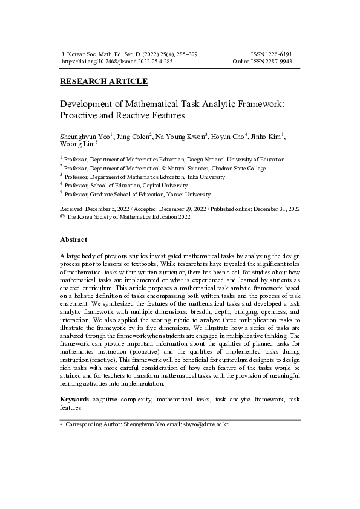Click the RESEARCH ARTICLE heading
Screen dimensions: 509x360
[104, 82]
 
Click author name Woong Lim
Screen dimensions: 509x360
[77, 145]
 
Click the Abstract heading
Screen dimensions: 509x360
[73, 239]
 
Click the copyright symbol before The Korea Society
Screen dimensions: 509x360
[62, 216]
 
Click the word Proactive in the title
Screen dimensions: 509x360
[82, 115]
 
